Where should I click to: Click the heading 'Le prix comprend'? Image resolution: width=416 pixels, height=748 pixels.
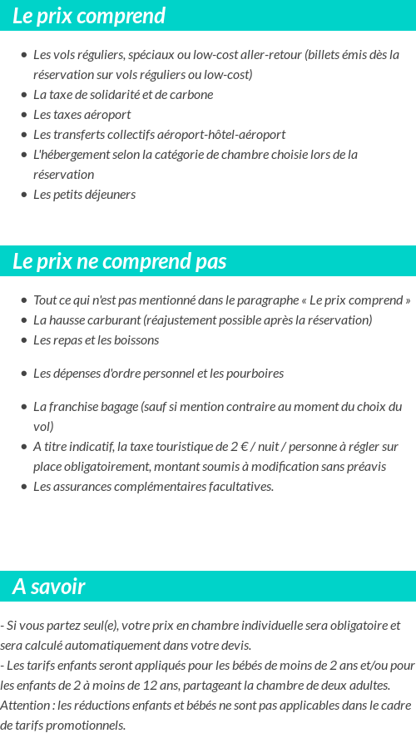pos(89,16)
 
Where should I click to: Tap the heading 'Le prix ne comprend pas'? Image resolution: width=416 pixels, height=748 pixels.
pos(120,261)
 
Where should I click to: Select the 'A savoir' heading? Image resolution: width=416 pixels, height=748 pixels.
pos(49,587)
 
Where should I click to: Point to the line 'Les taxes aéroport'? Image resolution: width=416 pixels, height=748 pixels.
pos(82,115)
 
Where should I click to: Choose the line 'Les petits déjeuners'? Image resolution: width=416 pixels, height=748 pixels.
pos(84,195)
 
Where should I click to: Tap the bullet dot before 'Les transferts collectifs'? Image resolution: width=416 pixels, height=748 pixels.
pos(24,135)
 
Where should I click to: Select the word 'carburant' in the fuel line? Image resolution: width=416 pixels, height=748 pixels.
pos(116,320)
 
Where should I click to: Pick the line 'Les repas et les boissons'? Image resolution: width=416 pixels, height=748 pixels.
pos(96,340)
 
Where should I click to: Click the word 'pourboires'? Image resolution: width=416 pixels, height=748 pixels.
pos(255,374)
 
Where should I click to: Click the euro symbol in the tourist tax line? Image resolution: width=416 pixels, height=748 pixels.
pos(244,447)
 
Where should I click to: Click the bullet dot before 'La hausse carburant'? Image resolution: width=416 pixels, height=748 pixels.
pos(24,320)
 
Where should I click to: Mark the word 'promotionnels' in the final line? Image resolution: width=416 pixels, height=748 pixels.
pos(88,726)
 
